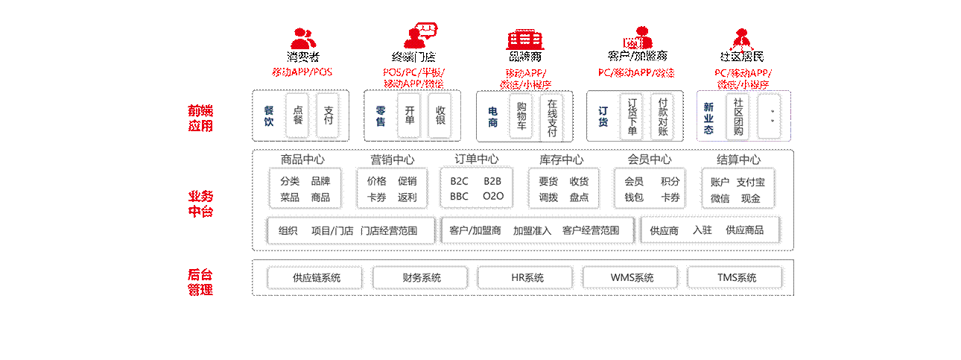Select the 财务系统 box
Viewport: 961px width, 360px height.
point(421,278)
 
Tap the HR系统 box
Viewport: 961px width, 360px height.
point(526,278)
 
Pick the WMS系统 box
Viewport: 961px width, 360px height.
point(631,278)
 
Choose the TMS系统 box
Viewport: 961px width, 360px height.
point(736,278)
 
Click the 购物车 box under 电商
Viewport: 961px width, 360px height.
point(521,116)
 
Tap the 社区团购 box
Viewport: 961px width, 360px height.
point(738,116)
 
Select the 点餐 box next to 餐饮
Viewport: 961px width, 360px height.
point(298,116)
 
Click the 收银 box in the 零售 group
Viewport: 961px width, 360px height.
point(440,116)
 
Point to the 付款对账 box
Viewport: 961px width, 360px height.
point(663,116)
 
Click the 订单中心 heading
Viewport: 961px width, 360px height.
point(477,160)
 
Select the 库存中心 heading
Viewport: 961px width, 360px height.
point(562,160)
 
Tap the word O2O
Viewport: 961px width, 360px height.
point(493,197)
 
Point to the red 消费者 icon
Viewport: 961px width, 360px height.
point(302,38)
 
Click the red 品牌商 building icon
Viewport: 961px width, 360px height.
point(525,38)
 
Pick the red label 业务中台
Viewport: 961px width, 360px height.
point(200,203)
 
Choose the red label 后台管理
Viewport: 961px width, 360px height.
point(200,282)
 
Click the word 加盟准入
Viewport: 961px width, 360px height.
point(532,230)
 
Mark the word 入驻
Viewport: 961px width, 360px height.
point(702,230)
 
